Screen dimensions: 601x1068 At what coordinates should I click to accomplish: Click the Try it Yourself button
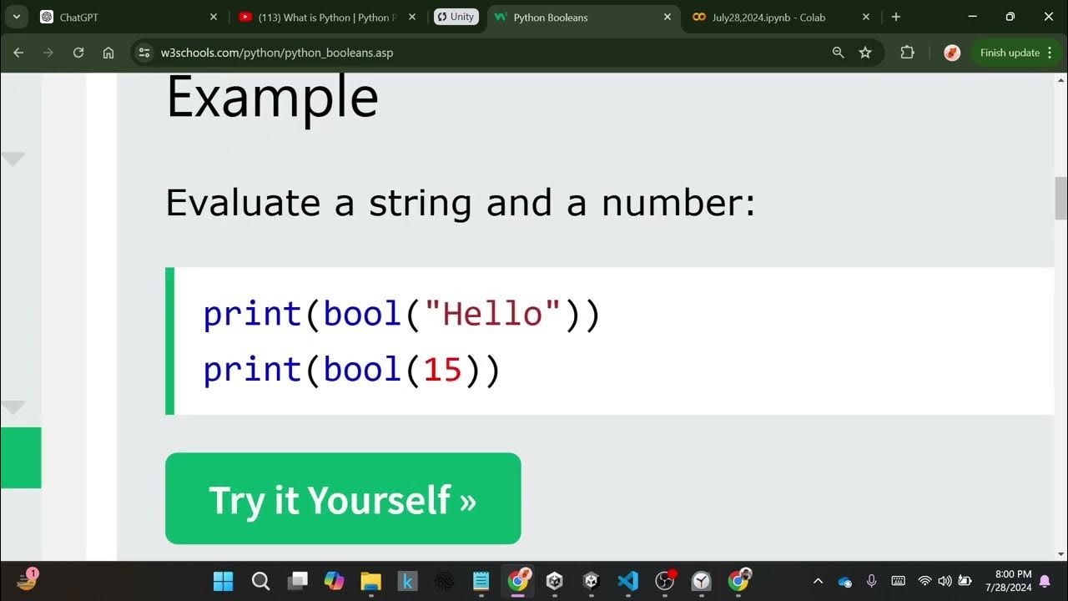[x=343, y=499]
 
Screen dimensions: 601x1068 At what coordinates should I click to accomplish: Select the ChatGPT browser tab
[x=79, y=18]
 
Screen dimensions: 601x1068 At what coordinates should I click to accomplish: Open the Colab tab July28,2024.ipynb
[x=768, y=18]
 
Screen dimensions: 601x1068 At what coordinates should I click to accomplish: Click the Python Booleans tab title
[x=551, y=18]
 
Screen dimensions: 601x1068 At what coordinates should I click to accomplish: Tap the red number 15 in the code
[x=442, y=370]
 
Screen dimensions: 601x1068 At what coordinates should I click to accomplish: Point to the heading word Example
[x=272, y=98]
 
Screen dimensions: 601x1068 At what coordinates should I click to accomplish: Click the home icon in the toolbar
[x=108, y=53]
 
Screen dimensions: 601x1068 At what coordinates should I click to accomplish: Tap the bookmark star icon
[x=865, y=53]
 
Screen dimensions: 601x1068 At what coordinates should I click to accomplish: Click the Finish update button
[x=1010, y=53]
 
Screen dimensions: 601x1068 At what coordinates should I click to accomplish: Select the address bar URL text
[x=277, y=53]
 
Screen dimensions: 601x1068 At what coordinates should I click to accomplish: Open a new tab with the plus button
[x=896, y=17]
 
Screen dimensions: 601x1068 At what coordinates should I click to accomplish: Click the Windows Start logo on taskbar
[x=224, y=581]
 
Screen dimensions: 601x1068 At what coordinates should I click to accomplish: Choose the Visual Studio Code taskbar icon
[x=628, y=581]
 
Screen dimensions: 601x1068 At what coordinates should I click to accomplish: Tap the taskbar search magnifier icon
[x=260, y=581]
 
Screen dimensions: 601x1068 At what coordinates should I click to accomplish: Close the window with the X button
[x=1047, y=17]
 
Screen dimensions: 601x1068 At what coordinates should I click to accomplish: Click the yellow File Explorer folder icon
[x=370, y=581]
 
